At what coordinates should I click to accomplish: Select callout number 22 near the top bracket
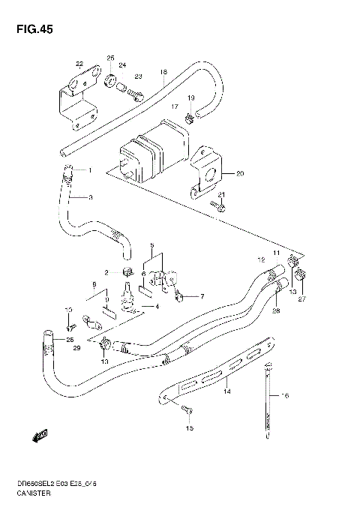79,63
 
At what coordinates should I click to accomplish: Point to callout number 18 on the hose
163,73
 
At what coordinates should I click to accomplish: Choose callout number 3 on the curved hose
90,198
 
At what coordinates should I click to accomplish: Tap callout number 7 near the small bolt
201,297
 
